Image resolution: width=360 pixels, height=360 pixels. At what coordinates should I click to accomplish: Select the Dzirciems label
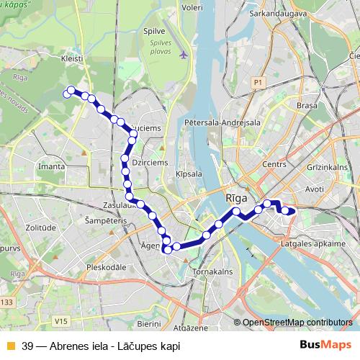click(x=150, y=163)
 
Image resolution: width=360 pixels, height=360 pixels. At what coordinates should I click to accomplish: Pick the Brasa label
click(x=307, y=105)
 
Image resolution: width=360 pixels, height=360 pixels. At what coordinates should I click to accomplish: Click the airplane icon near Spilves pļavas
click(x=184, y=54)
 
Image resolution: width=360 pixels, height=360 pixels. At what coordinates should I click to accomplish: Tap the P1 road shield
click(x=258, y=84)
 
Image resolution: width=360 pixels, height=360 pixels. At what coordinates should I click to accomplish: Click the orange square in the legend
click(x=10, y=345)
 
